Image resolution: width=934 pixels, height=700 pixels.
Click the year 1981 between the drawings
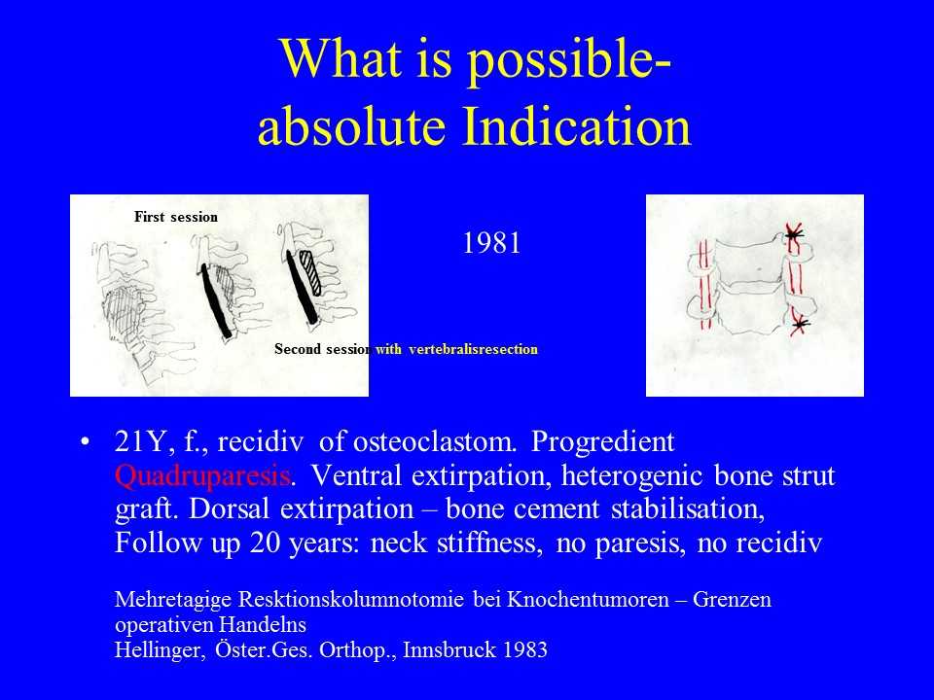pos(491,243)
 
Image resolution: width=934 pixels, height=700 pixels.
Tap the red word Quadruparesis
pos(202,475)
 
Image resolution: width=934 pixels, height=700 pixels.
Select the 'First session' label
pos(176,217)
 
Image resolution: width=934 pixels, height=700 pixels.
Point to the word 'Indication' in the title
pos(577,126)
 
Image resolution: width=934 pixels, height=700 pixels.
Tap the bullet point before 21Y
pos(86,442)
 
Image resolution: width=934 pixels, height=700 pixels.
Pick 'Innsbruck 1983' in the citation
pos(475,649)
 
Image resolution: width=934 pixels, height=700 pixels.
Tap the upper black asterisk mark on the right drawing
pos(794,234)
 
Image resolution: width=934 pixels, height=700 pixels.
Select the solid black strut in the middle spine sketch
pos(215,300)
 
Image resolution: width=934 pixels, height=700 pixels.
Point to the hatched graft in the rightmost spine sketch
pos(310,273)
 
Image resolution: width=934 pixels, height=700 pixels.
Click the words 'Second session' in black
pos(323,349)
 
